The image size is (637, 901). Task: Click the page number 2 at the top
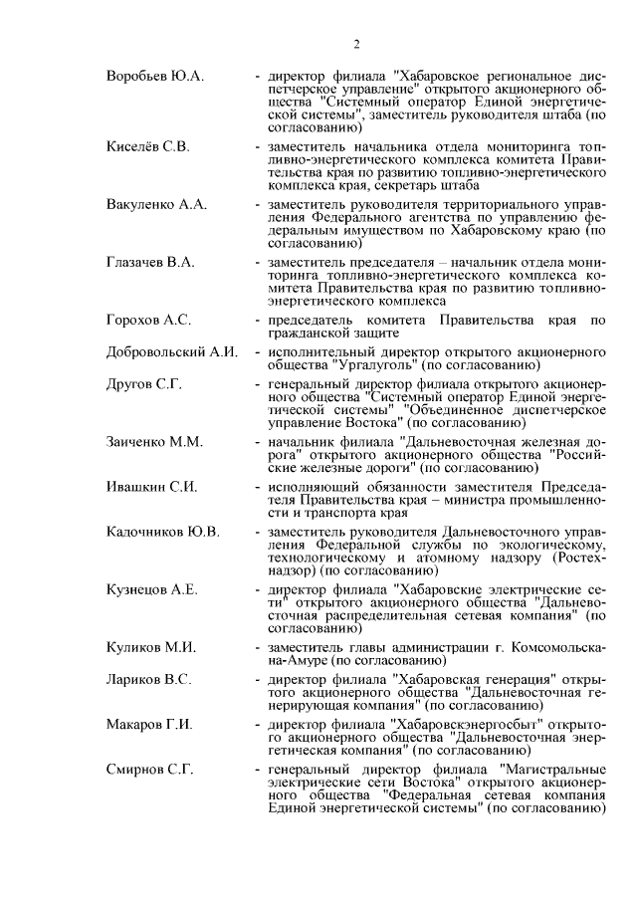(x=355, y=43)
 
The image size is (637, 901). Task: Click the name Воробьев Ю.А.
(x=154, y=76)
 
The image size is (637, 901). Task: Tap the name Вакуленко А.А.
(x=156, y=204)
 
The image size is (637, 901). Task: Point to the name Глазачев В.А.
(x=150, y=262)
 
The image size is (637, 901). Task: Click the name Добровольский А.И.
(x=170, y=351)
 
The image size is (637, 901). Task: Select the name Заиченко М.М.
(x=153, y=441)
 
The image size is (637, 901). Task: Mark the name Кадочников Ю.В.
(x=163, y=532)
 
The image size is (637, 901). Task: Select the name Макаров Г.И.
(x=149, y=724)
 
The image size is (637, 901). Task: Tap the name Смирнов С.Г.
(x=149, y=770)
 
